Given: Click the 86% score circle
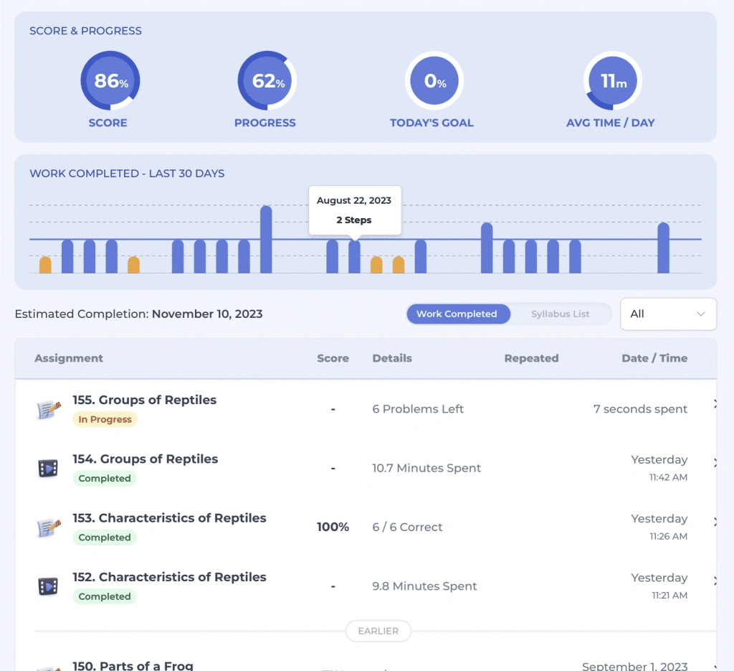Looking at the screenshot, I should pos(110,81).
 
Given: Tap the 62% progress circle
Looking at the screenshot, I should pos(267,81).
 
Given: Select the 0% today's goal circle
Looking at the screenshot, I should pos(434,81).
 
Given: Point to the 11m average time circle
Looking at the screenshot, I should pos(613,81).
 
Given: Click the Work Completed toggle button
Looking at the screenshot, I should pos(457,314).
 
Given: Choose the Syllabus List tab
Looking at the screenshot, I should pos(561,314).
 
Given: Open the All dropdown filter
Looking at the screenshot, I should pos(668,314).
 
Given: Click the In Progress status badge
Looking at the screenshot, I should pos(105,420).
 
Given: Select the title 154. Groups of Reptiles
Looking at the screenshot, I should pos(145,459).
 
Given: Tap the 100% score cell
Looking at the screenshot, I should pos(333,527).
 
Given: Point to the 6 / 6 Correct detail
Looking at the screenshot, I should pos(407,527).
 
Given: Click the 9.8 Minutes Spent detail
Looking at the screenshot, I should pos(424,586).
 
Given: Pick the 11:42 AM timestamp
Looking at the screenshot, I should pos(668,477).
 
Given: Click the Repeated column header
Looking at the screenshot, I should pos(531,358).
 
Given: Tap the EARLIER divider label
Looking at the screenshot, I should pos(378,632).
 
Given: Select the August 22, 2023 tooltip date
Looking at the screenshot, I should pos(354,201).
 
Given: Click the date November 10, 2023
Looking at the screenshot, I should pos(207,314).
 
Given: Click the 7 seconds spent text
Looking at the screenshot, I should pos(640,409).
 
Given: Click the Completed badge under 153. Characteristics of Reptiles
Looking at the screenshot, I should pos(105,538).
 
